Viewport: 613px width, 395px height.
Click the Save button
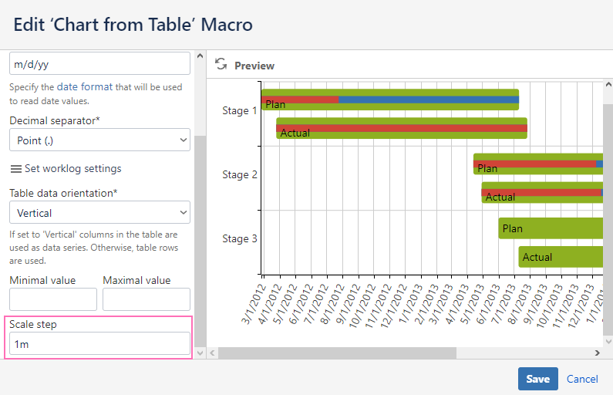click(537, 379)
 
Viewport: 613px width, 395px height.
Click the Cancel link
click(582, 379)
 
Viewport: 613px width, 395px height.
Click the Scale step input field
click(99, 343)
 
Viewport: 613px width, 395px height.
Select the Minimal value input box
click(53, 299)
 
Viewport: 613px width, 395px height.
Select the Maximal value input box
click(146, 299)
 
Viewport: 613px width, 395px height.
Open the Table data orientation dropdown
click(99, 212)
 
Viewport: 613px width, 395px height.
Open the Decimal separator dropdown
click(99, 140)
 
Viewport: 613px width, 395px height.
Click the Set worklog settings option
click(66, 168)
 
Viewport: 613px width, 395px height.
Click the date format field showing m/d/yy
click(99, 64)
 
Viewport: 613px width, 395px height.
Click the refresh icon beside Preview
click(221, 65)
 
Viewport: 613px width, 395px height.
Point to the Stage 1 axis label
click(240, 110)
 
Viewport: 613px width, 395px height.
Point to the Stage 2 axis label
click(240, 174)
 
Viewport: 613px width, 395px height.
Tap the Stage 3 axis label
click(240, 238)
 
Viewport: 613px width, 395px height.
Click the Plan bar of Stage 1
click(389, 100)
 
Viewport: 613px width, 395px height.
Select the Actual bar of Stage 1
click(401, 128)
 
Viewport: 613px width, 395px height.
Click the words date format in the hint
click(84, 87)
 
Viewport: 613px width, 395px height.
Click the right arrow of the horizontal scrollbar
click(597, 353)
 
